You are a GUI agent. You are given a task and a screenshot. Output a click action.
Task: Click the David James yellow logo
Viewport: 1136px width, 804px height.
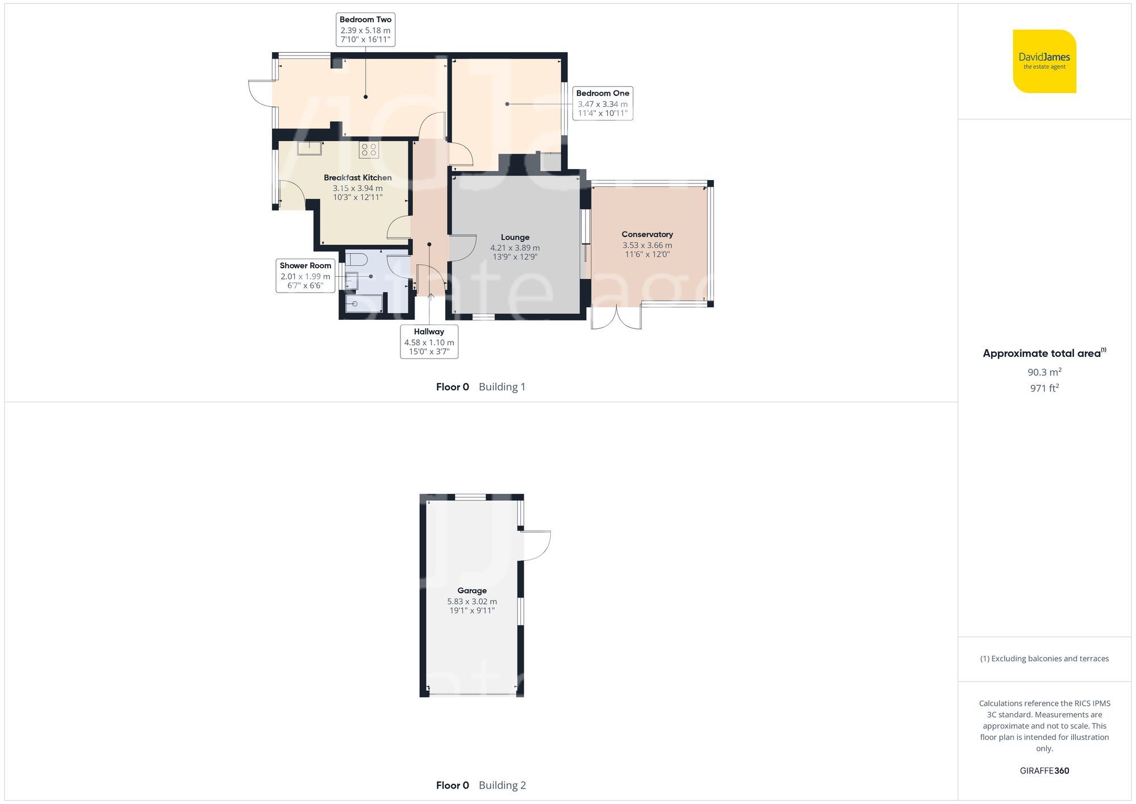1044,61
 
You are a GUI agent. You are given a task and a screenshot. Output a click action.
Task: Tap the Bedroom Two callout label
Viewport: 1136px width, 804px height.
365,29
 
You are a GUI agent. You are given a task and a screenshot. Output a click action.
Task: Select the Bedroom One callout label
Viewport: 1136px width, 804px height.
602,103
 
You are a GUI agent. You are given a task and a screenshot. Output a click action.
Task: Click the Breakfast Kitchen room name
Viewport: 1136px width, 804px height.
357,178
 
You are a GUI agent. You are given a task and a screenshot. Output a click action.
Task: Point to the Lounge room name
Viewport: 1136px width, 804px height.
515,238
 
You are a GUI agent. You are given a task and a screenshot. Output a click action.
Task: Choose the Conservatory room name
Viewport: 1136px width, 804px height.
647,234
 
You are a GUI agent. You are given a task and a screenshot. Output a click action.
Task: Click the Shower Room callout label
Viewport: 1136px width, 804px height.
305,276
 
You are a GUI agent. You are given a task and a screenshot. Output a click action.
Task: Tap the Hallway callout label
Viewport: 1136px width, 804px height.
429,341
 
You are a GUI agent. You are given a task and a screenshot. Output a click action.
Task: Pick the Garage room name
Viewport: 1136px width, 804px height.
471,590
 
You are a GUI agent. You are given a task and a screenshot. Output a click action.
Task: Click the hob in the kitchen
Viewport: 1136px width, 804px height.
369,150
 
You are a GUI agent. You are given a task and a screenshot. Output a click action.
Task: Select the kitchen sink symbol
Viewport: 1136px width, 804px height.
310,148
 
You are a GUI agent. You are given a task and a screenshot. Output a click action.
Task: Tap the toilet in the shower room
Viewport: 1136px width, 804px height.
356,260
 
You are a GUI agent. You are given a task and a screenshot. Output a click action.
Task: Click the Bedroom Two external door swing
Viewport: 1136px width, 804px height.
261,93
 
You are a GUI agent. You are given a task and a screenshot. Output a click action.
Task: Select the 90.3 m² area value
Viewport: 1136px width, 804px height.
1044,372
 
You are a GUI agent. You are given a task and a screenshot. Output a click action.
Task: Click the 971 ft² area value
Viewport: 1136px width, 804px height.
1044,388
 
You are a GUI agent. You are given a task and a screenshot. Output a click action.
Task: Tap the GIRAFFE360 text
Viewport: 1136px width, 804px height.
1044,770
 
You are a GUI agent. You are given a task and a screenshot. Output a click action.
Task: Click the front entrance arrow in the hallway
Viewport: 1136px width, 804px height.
431,296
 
